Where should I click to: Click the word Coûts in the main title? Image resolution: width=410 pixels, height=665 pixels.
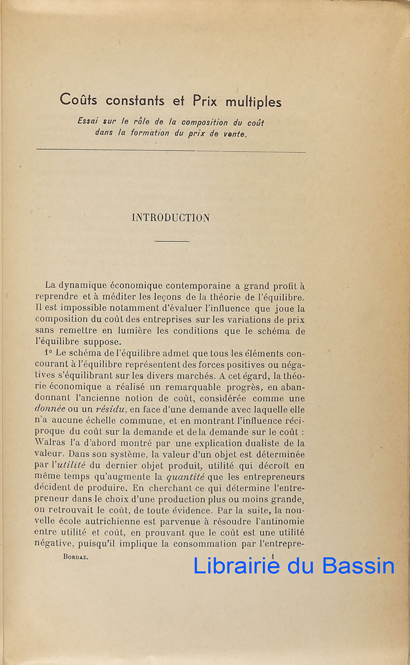pos(81,101)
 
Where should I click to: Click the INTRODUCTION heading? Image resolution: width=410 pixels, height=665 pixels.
pos(171,218)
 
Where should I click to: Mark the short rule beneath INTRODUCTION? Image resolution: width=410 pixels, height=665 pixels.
pos(172,241)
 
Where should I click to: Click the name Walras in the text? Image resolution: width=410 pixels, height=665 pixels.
pos(51,443)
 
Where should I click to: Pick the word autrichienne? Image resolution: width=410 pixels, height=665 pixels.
pos(124,522)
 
